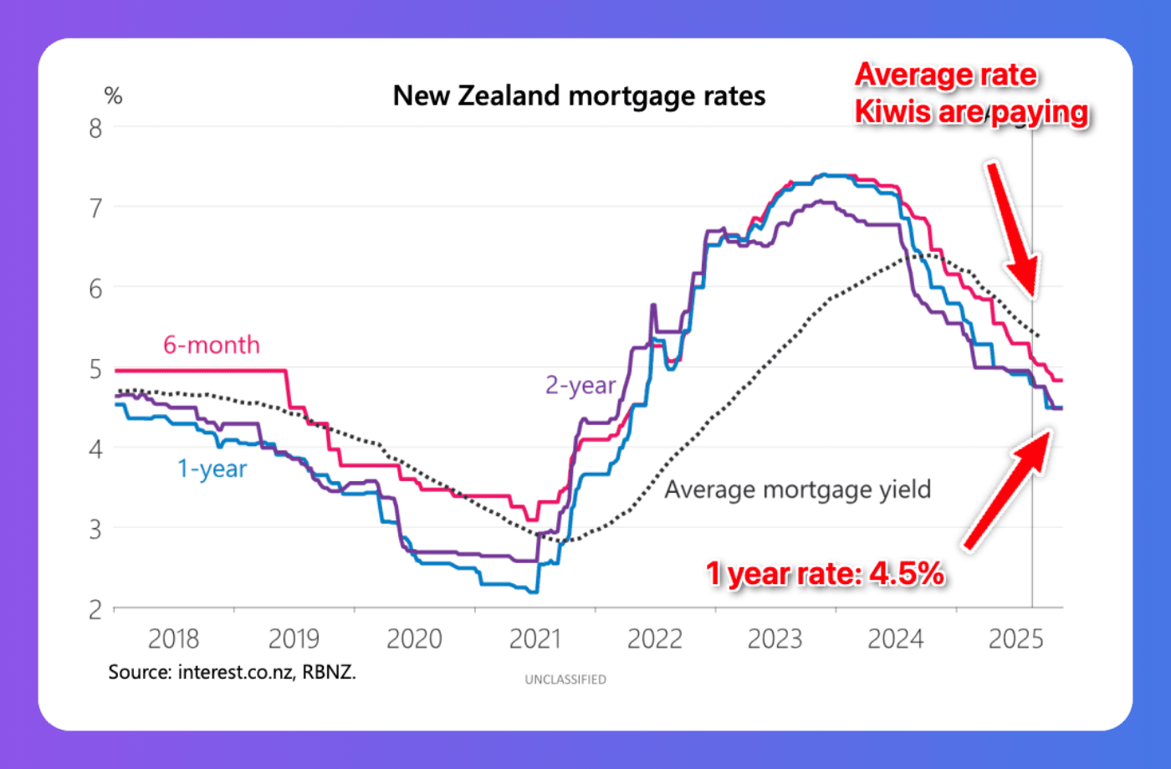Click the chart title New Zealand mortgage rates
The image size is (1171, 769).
coord(579,96)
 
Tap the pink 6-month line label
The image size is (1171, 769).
coord(211,345)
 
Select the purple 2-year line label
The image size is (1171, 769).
coord(580,385)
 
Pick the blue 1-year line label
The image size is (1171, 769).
coord(212,469)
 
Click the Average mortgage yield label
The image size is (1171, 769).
coord(797,490)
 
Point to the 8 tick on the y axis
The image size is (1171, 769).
coord(95,128)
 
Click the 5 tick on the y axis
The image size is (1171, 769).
coord(95,369)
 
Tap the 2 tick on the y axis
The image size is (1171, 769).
coord(95,609)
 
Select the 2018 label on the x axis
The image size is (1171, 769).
coord(173,639)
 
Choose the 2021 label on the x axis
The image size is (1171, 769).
coord(534,639)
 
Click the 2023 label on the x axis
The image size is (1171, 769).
coord(775,639)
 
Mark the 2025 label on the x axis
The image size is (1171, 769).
coord(1015,639)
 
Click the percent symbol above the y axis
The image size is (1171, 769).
coord(113,96)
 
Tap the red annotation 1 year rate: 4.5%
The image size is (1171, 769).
coord(825,574)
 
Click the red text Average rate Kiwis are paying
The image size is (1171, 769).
coord(970,94)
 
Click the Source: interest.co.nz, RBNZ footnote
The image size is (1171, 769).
coord(232,672)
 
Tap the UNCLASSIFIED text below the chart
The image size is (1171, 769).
coord(565,679)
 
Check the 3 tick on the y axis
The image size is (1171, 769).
coord(95,530)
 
